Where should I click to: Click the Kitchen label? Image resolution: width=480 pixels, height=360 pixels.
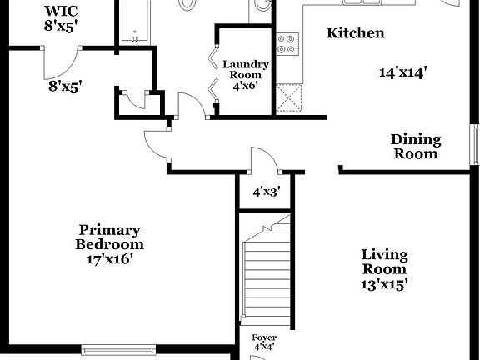355,33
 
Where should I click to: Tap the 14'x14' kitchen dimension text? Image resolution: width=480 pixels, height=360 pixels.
402,72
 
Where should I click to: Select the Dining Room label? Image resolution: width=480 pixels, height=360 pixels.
416,147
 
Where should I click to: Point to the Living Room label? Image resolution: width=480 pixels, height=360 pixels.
384,262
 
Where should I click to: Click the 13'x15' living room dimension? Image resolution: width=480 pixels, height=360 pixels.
384,284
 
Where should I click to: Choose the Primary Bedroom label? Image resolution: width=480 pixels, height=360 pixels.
109,237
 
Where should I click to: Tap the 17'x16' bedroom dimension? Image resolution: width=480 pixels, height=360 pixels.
109,260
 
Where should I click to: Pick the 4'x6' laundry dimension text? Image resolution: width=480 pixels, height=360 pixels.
245,86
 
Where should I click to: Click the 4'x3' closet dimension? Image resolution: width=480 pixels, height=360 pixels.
266,192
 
